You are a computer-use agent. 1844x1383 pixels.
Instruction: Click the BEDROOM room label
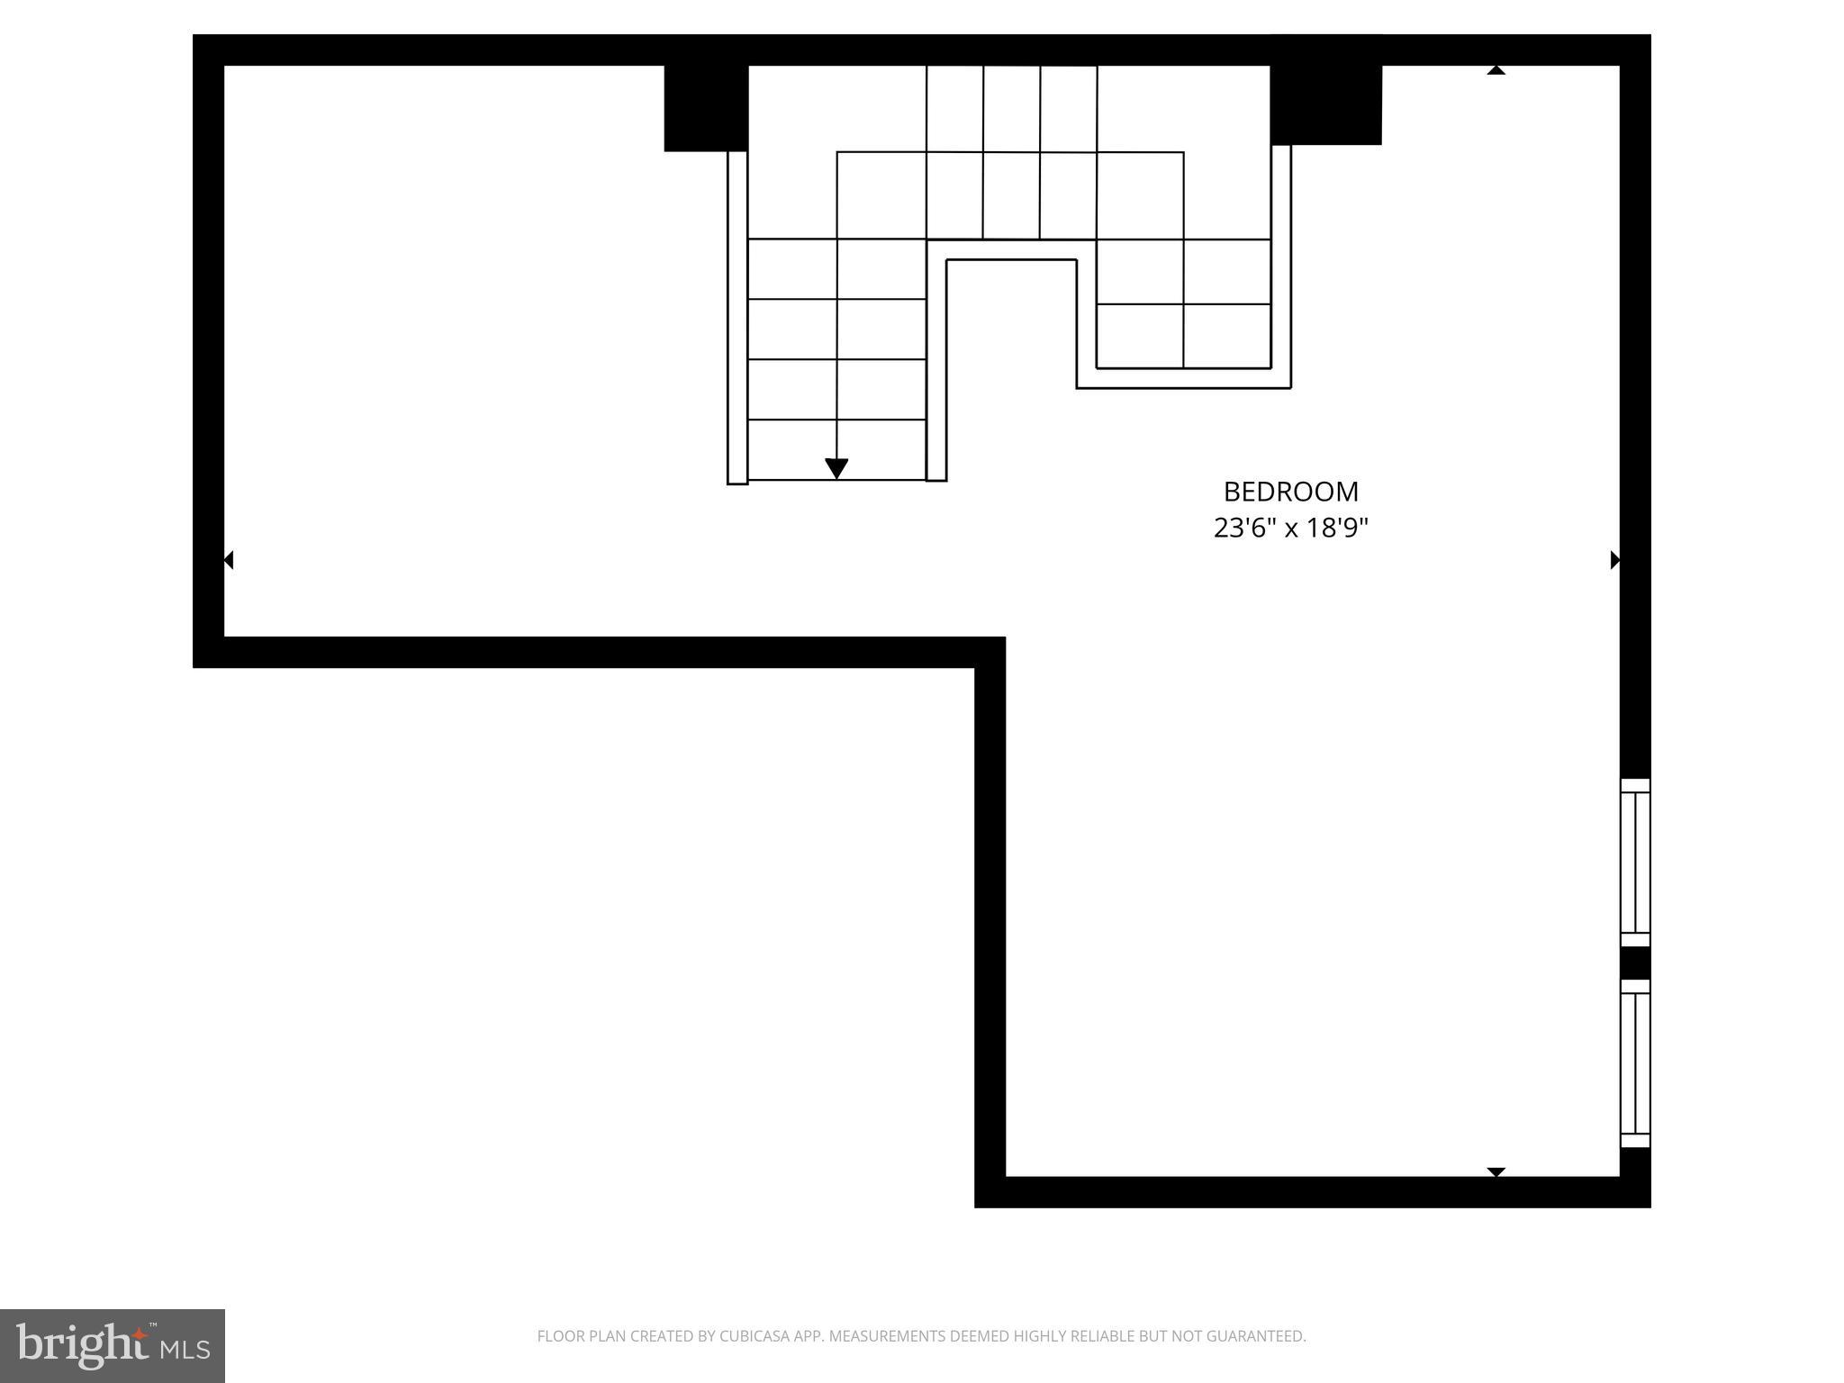(1290, 492)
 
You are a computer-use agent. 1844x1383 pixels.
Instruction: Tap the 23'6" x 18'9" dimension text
(1290, 528)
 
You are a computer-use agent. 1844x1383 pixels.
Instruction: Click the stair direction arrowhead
(836, 468)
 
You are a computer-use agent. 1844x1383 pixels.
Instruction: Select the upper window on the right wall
(1635, 863)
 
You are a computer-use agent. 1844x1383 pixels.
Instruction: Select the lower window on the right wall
(1635, 1063)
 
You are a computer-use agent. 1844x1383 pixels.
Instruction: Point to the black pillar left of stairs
(706, 108)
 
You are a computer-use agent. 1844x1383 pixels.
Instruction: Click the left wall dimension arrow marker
(229, 560)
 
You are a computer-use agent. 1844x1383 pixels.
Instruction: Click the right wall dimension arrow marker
(1614, 560)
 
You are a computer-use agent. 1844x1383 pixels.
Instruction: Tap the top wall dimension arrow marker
(1496, 70)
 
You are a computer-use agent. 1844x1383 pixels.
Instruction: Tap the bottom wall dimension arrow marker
(1496, 1171)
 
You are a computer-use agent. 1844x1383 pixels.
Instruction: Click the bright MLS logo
(112, 1345)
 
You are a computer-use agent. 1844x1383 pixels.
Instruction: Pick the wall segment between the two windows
(1635, 963)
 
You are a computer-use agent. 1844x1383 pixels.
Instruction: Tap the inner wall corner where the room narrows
(990, 652)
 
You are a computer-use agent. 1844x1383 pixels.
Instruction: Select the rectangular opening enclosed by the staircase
(1011, 360)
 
